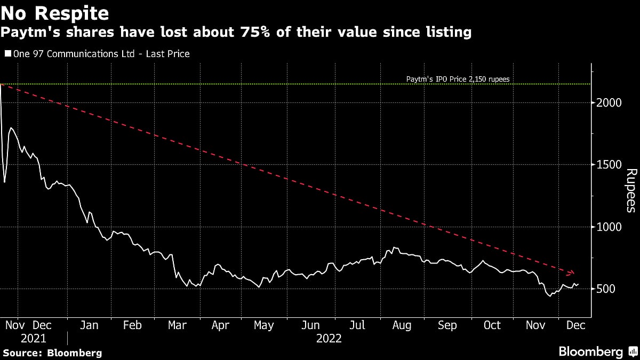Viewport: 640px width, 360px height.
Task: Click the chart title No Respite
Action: point(55,12)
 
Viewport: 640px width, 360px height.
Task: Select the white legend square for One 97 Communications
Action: point(8,54)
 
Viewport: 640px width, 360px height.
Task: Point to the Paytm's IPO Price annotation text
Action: point(458,79)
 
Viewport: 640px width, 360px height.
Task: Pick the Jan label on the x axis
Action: point(89,325)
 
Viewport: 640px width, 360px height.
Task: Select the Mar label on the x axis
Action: point(177,325)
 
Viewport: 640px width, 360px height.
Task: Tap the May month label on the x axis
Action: point(263,325)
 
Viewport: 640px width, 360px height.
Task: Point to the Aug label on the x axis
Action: point(402,325)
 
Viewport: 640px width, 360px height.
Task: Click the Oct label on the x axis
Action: point(492,325)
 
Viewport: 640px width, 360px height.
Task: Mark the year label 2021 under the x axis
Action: point(34,338)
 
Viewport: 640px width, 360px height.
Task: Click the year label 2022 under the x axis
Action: point(329,338)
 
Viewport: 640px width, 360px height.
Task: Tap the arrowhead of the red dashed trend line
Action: point(572,273)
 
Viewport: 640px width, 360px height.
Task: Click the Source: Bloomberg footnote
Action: point(52,353)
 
